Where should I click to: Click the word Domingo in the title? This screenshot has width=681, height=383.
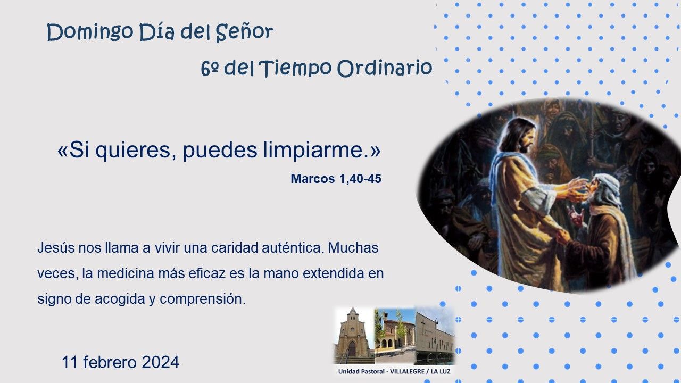[x=90, y=32]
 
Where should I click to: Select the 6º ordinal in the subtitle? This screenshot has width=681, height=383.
[x=210, y=69]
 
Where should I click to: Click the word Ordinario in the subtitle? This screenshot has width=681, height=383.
[x=385, y=68]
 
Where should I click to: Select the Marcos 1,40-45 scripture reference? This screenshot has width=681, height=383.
[x=336, y=179]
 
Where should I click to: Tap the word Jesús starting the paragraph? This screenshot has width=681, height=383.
[x=56, y=248]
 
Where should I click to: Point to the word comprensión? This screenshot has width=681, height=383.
[x=203, y=299]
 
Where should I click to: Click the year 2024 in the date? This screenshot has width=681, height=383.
[x=161, y=362]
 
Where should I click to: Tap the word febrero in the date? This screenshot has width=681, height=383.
[x=110, y=362]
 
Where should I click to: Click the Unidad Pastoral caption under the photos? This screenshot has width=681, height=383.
[x=394, y=371]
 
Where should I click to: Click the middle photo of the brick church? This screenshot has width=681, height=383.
[x=394, y=336]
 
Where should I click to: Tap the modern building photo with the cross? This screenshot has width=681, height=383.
[x=434, y=336]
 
